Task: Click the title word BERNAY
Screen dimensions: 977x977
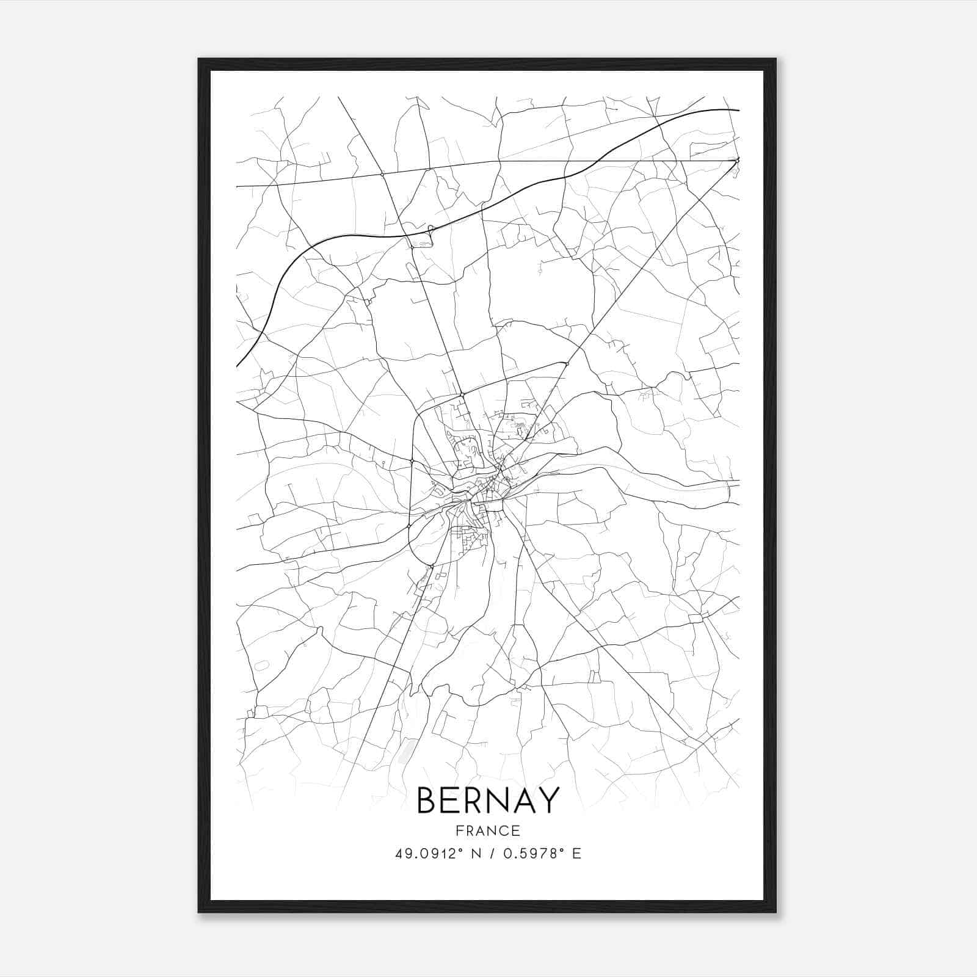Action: pos(488,801)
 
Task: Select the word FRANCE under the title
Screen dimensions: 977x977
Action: pos(488,830)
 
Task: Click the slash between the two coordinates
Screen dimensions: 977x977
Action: pos(492,854)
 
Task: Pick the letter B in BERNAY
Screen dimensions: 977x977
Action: pos(426,801)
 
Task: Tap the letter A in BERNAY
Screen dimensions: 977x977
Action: pos(525,801)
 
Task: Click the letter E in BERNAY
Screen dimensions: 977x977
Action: pos(451,801)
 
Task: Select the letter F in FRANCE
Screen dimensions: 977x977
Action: pos(459,830)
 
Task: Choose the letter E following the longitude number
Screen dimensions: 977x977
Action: pos(576,854)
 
